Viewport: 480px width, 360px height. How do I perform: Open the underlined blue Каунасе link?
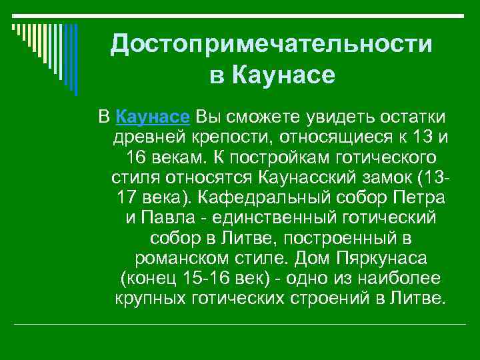[x=153, y=118]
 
